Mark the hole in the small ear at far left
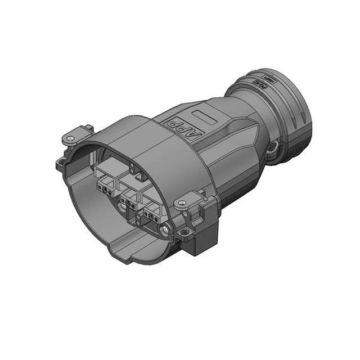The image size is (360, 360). pos(60,163)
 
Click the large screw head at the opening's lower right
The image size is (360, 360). pos(164,229)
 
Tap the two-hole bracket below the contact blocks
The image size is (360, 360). pos(127,209)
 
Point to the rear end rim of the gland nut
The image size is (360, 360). pos(301,121)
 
